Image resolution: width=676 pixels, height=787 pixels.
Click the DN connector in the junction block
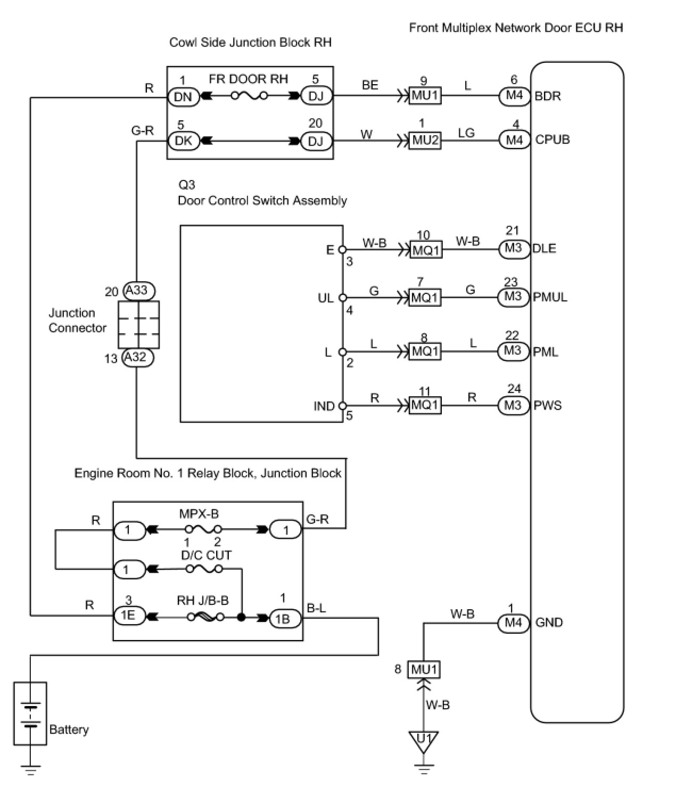tap(183, 97)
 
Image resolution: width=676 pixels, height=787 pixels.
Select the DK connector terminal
tap(183, 141)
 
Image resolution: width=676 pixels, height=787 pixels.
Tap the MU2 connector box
tap(425, 141)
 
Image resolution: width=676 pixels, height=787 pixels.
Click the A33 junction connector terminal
tap(138, 291)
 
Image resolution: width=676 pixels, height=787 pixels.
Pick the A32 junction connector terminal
tap(137, 357)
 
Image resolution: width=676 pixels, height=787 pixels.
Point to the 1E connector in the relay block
tap(128, 616)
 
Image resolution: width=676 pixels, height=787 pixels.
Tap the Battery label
tap(69, 729)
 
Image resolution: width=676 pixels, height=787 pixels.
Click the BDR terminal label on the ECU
tap(548, 96)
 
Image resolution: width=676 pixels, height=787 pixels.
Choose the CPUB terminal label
tap(552, 140)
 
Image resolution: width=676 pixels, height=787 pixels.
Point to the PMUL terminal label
tap(550, 297)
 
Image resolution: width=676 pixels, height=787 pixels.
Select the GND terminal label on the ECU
tap(549, 622)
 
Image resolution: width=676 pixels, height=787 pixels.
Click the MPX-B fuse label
tap(199, 514)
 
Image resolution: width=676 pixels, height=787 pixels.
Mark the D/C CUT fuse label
tap(207, 555)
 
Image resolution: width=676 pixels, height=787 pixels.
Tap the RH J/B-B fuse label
tap(203, 601)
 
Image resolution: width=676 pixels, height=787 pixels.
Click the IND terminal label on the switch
tap(324, 406)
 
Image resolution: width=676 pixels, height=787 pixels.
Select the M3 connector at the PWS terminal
tap(513, 406)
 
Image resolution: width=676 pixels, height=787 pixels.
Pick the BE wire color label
tap(370, 85)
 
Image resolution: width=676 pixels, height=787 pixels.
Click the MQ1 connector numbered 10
tap(425, 249)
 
